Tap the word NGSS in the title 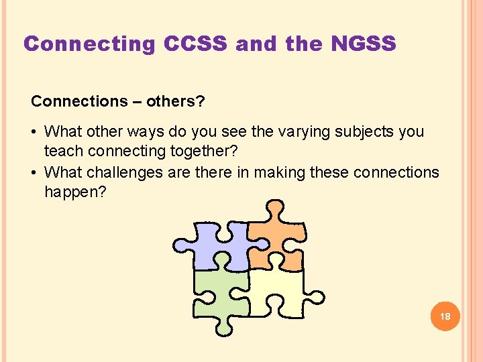coord(364,44)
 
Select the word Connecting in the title coord(89,44)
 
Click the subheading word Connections coord(74,102)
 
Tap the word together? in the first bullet coord(191,153)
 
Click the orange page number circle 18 coord(445,316)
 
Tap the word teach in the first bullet coord(60,153)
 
